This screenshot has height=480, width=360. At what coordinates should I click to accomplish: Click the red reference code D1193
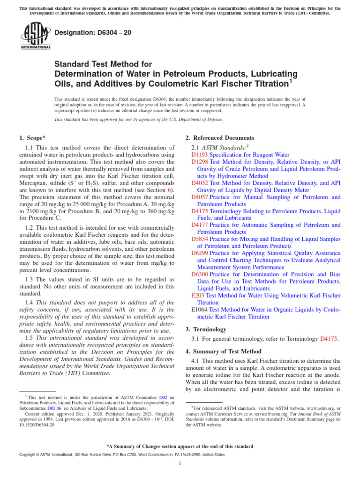pos(200,154)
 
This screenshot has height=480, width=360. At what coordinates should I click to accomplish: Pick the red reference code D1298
pos(200,162)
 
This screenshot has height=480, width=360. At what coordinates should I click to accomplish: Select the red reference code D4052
pos(200,183)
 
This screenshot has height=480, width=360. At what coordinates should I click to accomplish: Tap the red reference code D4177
pos(200,225)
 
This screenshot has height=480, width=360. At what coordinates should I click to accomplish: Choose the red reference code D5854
pos(200,239)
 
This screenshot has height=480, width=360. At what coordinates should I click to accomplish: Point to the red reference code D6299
pos(200,253)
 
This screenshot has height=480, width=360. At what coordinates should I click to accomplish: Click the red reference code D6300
pos(200,274)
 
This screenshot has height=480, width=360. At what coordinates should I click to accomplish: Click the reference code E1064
pos(200,310)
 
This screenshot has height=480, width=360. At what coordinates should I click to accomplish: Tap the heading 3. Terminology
pos(206,330)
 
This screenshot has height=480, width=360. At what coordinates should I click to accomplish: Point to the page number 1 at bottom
pos(180,464)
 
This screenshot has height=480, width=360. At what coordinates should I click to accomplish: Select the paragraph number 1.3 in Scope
pos(30,279)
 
